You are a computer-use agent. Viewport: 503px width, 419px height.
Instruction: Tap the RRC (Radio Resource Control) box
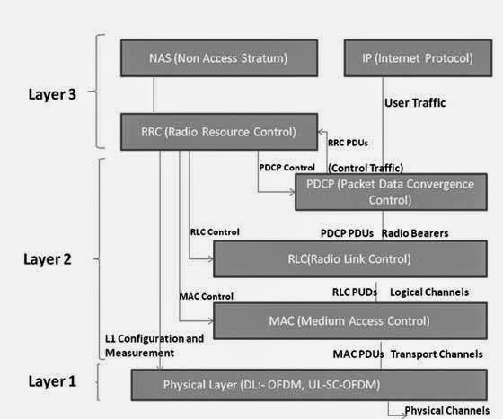218,132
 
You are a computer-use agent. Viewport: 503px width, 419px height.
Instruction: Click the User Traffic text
415,103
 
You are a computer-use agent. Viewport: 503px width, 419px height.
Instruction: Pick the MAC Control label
207,294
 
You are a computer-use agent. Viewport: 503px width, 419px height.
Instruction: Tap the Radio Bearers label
415,232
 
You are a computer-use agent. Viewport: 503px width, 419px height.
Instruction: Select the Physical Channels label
446,411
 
